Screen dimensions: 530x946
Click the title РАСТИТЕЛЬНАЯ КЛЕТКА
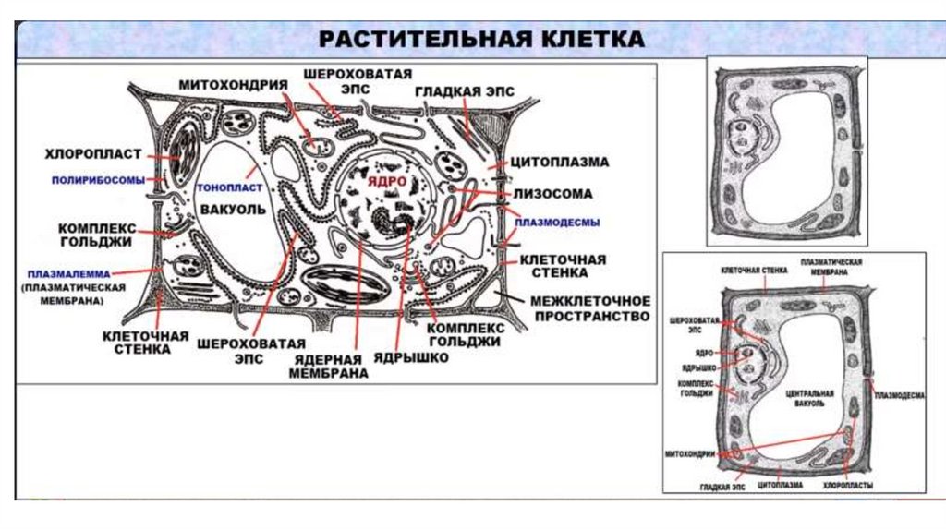[481, 41]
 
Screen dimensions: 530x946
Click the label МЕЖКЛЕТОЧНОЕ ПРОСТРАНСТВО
[589, 308]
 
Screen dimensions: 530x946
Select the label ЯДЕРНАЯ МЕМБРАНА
[328, 367]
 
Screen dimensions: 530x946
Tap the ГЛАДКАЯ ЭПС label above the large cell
[464, 92]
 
